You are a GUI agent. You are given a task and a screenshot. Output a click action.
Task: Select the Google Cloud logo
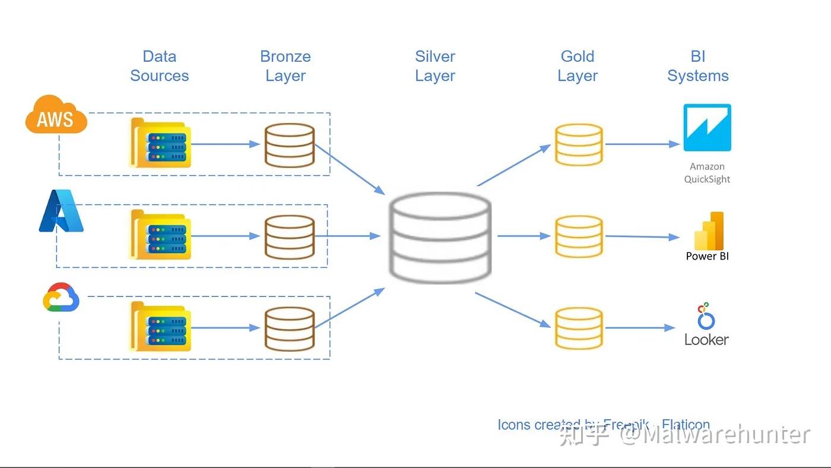click(x=61, y=298)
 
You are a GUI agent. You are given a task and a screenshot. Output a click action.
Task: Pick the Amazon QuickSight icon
click(x=707, y=128)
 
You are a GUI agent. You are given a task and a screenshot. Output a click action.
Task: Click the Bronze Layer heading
click(x=286, y=66)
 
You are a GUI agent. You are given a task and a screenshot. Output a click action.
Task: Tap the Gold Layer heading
click(x=578, y=66)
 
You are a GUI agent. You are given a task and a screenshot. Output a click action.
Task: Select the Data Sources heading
click(x=160, y=66)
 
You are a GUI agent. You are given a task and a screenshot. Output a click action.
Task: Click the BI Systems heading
click(x=698, y=66)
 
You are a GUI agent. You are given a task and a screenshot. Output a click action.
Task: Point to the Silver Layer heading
click(x=435, y=66)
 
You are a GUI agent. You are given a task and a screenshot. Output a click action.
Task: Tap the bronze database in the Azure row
click(x=289, y=236)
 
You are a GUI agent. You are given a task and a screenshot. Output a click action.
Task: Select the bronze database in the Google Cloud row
click(x=289, y=328)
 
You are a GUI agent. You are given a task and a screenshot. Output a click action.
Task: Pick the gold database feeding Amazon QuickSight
click(x=579, y=144)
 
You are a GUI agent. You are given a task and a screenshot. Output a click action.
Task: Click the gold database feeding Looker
click(x=579, y=328)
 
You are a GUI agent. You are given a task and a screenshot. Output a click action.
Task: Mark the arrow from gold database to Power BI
click(x=642, y=236)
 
